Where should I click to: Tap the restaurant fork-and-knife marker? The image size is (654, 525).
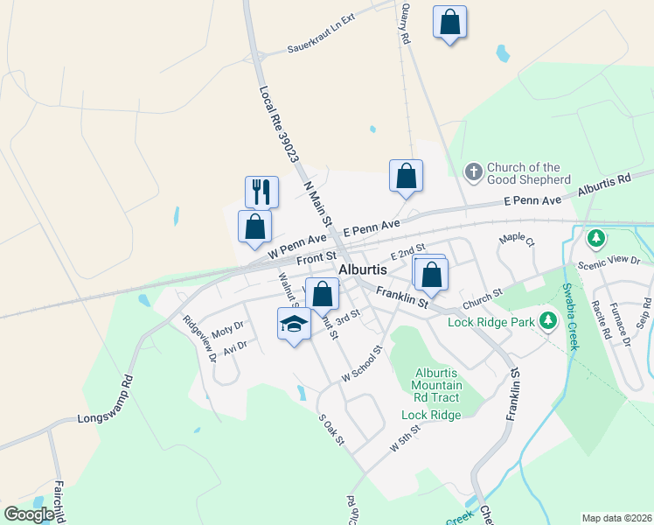click(x=261, y=192)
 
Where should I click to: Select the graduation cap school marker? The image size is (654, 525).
click(x=295, y=325)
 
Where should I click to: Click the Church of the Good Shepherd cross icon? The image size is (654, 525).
click(x=473, y=172)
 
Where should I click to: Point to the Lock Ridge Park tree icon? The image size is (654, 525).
click(x=548, y=321)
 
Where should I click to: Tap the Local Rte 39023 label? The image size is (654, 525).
click(x=276, y=122)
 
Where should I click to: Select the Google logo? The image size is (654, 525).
click(x=29, y=514)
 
